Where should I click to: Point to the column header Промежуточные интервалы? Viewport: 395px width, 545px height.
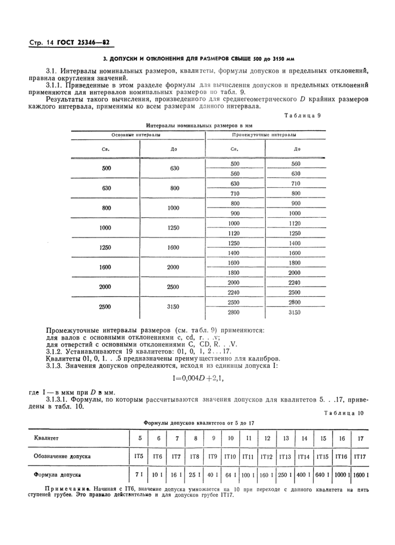[265, 135]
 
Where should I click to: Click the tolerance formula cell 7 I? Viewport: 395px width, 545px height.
[139, 475]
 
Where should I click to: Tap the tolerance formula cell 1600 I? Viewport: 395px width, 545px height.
[360, 475]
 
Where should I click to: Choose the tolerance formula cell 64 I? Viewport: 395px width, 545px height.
[231, 475]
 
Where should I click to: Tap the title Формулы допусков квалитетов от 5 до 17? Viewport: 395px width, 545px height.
[199, 422]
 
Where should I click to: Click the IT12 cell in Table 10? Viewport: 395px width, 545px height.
[267, 456]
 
